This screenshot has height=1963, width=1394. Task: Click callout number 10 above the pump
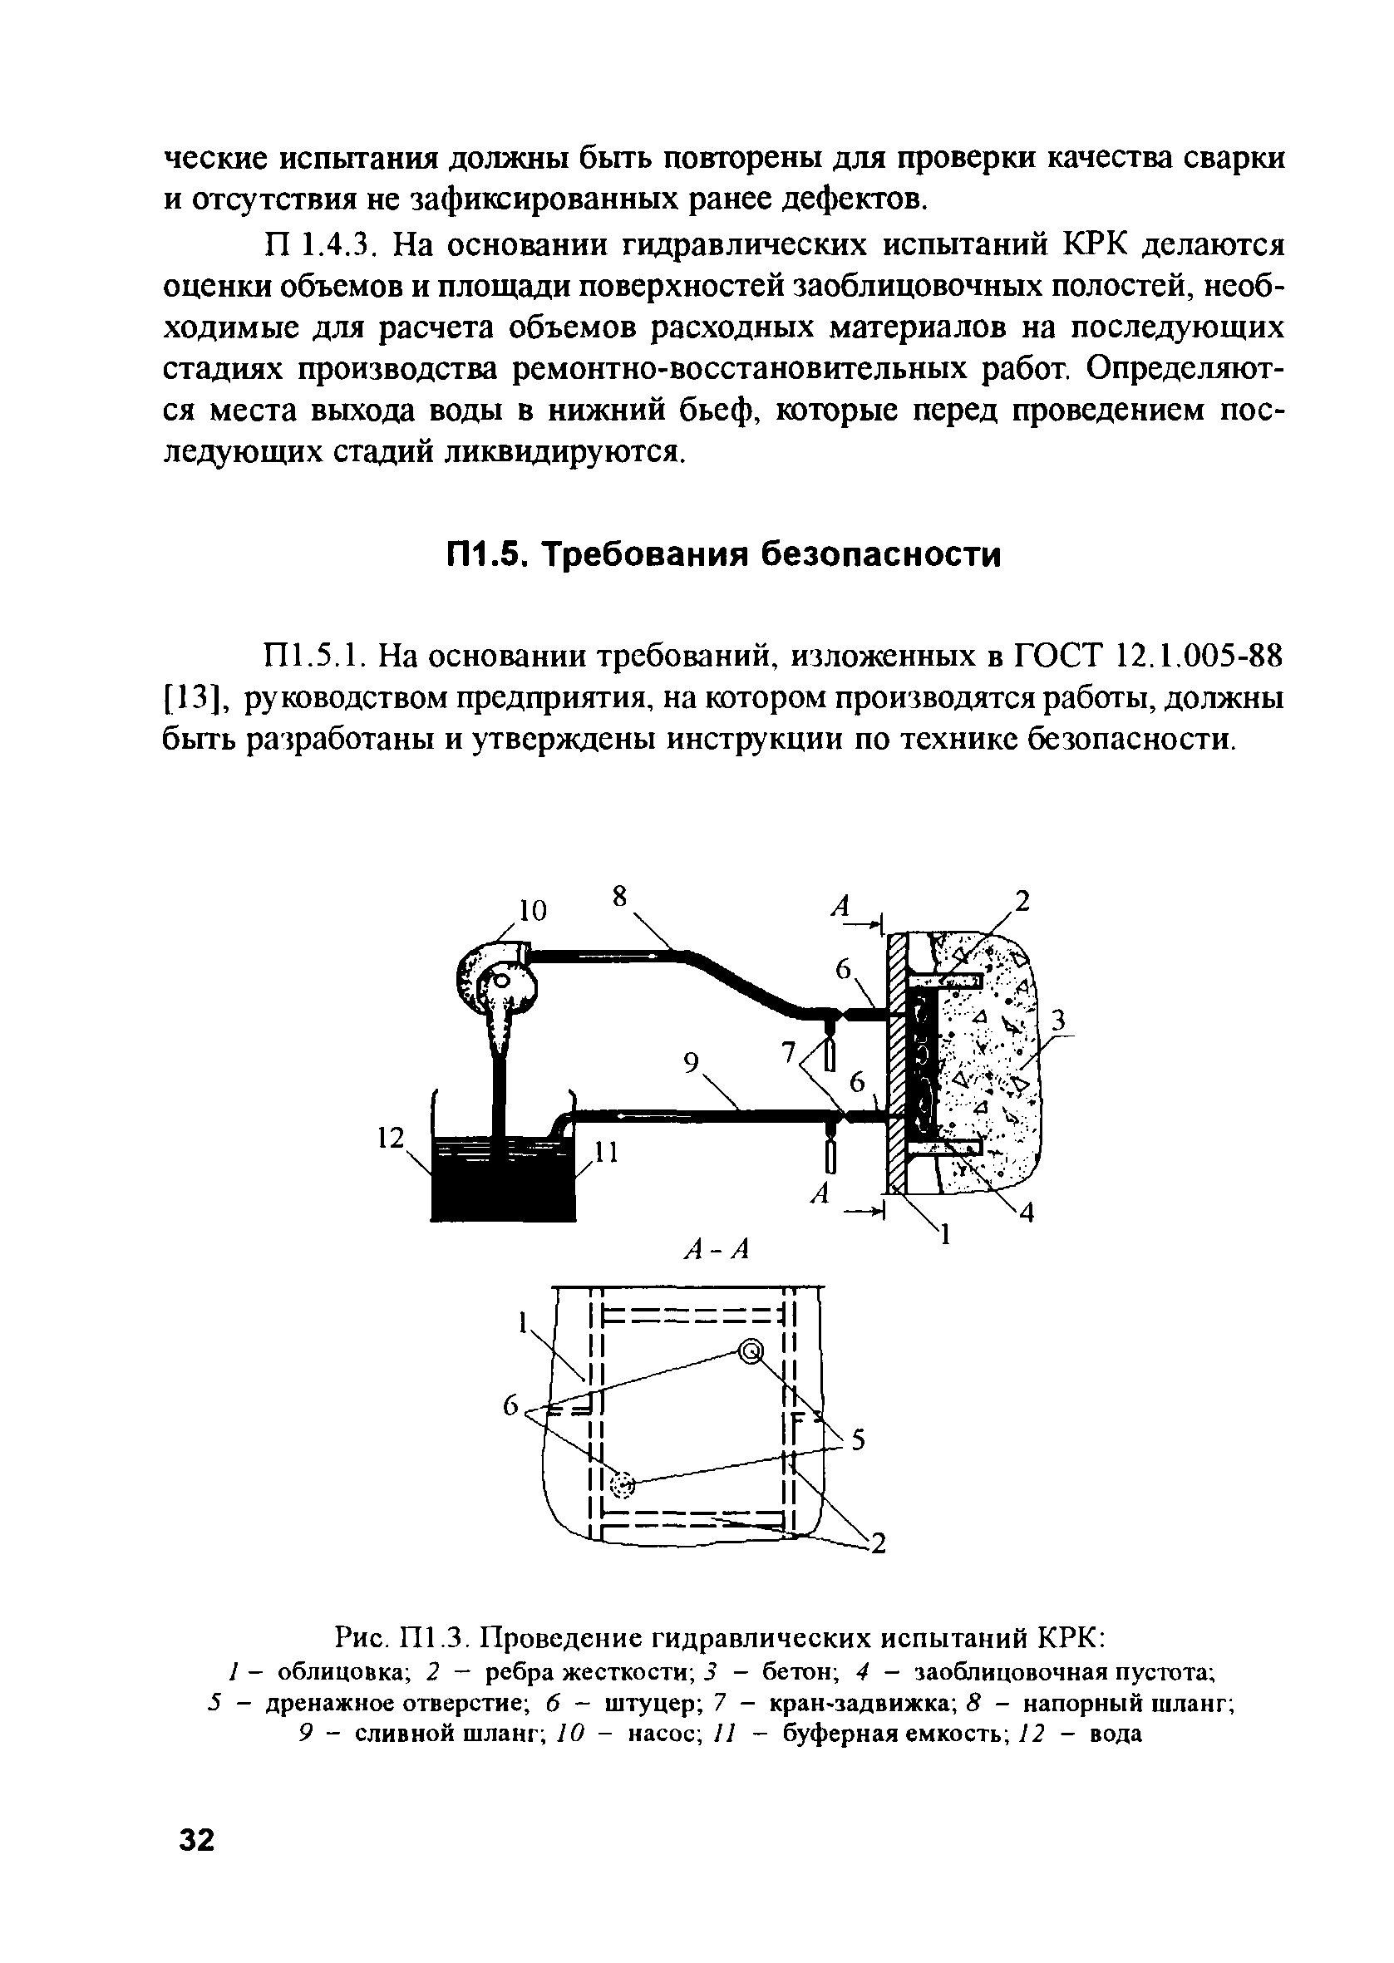(532, 910)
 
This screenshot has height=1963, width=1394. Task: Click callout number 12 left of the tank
(391, 1138)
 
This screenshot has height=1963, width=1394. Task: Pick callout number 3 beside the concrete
(1058, 1020)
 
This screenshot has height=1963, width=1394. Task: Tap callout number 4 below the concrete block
(1027, 1213)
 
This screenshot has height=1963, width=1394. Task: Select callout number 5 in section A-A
(857, 1442)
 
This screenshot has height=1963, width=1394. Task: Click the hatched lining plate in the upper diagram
(896, 1064)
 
